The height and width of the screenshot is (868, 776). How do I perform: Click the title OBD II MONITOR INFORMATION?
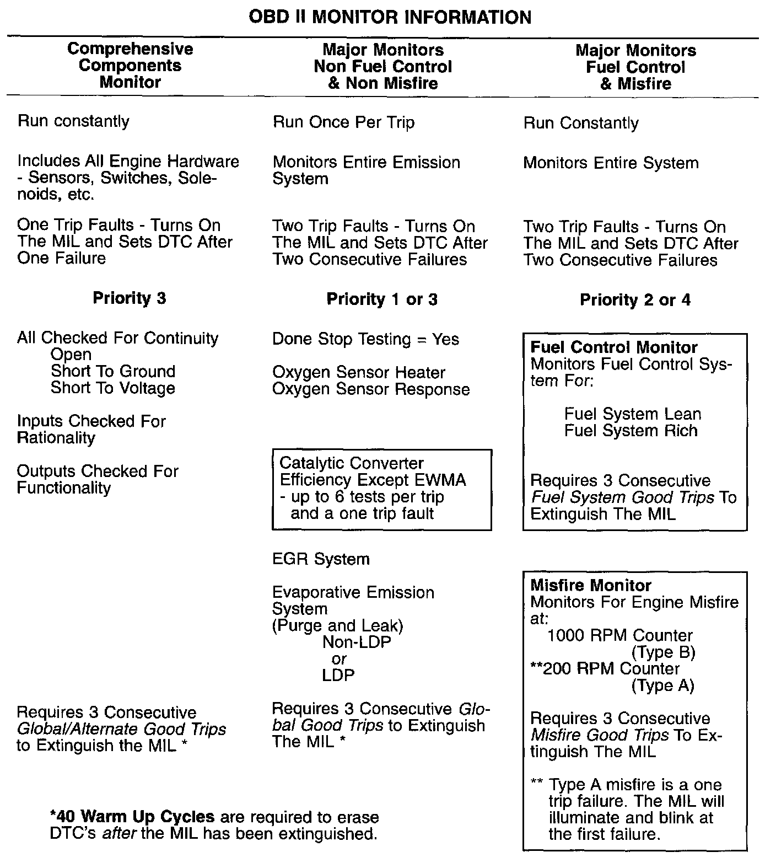390,17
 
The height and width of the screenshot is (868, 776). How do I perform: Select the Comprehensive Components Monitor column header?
130,65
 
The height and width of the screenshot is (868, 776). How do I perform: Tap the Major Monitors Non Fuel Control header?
382,66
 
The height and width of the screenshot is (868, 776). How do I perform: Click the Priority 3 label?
129,298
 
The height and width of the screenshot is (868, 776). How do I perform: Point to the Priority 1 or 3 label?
382,299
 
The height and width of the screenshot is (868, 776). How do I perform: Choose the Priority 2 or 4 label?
635,300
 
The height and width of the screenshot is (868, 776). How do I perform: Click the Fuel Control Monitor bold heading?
613,347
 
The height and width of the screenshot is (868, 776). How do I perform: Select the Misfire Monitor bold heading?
590,585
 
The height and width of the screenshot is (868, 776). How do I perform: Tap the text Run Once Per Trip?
343,122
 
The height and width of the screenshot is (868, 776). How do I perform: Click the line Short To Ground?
112,371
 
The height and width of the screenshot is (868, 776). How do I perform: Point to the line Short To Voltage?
112,388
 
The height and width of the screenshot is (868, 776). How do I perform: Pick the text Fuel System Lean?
632,414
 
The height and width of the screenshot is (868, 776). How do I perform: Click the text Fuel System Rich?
630,431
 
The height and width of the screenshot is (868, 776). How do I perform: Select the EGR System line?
321,559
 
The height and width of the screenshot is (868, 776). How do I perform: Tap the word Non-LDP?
357,642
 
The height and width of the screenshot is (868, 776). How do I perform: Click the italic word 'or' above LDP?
339,659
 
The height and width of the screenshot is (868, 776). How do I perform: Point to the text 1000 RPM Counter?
619,635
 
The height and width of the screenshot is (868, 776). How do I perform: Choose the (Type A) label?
662,685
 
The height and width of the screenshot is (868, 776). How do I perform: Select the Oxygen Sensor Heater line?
358,372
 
